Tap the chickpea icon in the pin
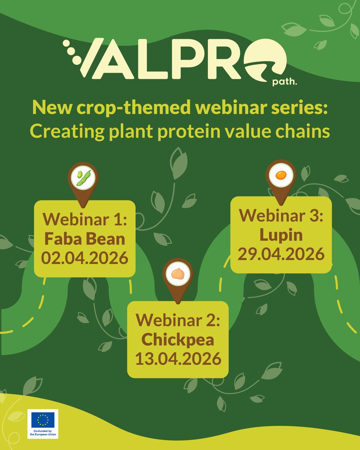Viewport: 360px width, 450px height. point(178,274)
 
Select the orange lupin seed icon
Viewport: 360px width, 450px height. point(280,175)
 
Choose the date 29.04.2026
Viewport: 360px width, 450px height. point(281,254)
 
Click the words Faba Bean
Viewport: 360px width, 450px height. point(84,239)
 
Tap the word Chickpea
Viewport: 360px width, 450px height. point(178,340)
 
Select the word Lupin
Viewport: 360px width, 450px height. point(281,235)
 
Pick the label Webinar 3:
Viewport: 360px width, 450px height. point(281,216)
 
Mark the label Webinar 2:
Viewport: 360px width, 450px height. point(178,321)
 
